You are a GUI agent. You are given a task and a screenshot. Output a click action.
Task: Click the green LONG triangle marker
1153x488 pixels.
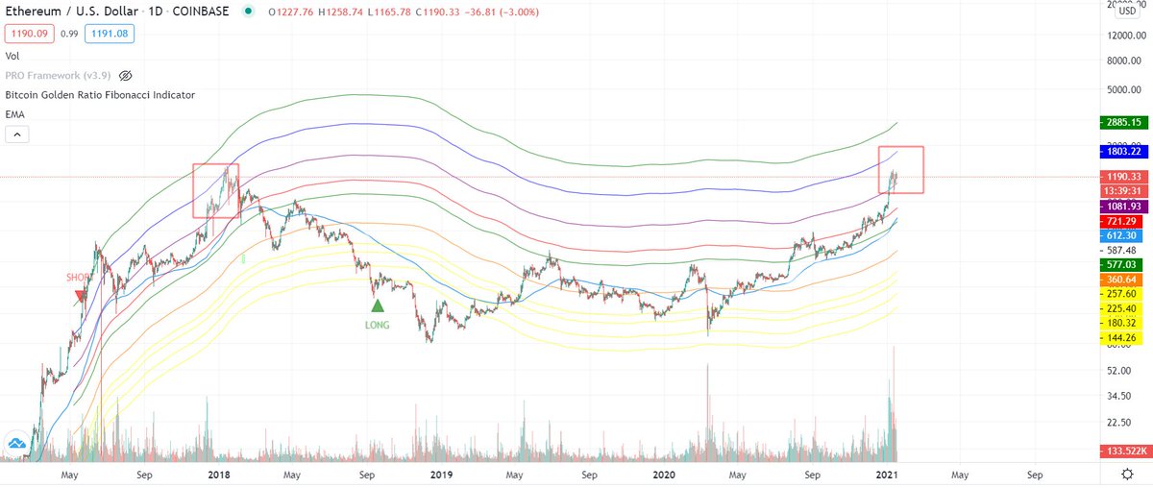tap(378, 305)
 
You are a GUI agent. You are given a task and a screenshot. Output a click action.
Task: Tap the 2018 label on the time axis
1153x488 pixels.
tap(218, 475)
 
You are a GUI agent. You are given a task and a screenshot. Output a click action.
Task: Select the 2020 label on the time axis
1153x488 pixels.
tap(663, 475)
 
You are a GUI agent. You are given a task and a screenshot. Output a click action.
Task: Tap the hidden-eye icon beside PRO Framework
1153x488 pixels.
tap(125, 75)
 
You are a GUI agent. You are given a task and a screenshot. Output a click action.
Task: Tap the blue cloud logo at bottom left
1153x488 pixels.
tap(16, 443)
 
